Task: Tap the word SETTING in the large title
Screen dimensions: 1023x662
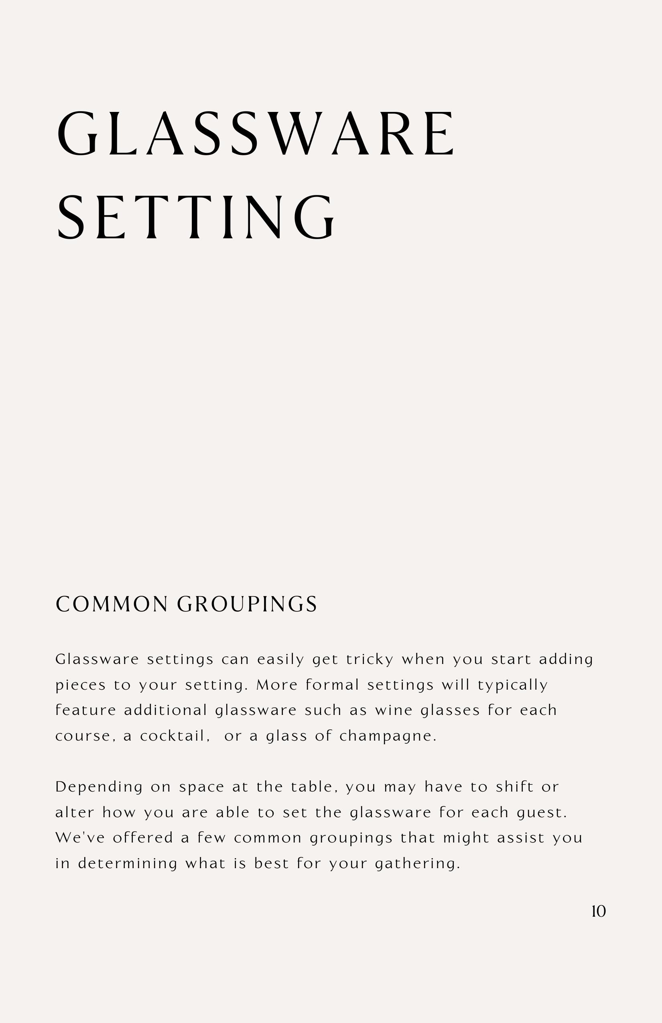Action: pos(196,217)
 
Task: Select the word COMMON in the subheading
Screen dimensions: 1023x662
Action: pos(112,604)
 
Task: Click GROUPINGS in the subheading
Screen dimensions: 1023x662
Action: pos(247,604)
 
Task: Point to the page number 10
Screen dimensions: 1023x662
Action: pos(598,911)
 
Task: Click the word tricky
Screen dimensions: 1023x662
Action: pos(370,660)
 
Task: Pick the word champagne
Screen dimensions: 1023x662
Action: pos(388,736)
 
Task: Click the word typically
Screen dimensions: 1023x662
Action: pos(513,685)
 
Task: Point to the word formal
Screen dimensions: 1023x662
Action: pos(332,685)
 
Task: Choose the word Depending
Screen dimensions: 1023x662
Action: pos(99,788)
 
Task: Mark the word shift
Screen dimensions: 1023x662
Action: pos(514,787)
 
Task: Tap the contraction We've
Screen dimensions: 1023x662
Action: pos(80,838)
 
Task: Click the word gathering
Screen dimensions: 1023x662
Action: pos(417,864)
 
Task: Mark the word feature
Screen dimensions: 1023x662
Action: pos(85,710)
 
